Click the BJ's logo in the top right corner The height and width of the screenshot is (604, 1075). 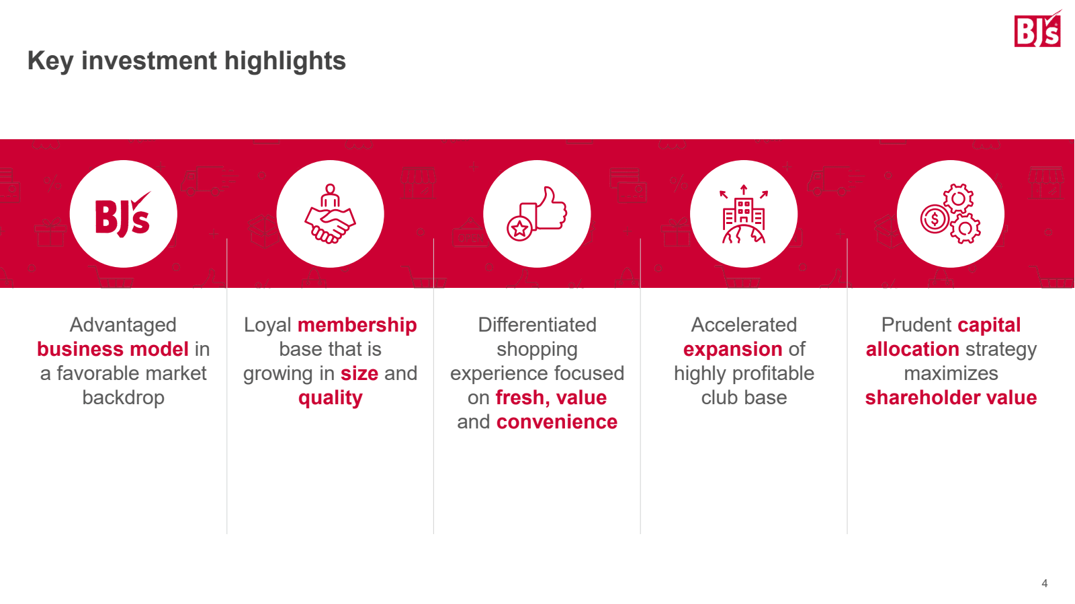(x=1037, y=30)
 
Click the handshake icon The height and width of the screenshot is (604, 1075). (x=330, y=214)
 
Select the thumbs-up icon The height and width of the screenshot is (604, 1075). (x=537, y=214)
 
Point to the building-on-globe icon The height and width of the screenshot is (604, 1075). (x=744, y=214)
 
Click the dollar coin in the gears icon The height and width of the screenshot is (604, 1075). (x=935, y=219)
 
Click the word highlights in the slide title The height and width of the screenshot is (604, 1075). (x=285, y=61)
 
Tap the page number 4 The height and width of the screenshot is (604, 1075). (x=1044, y=583)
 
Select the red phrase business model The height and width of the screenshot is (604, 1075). (x=113, y=349)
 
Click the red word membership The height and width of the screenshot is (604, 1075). (x=357, y=326)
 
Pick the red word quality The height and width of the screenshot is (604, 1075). (x=330, y=398)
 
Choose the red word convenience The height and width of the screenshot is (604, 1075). (x=557, y=422)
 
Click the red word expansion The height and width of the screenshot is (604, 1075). (x=733, y=350)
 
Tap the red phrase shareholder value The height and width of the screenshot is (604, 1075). (x=951, y=398)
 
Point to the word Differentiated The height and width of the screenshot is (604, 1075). (x=537, y=325)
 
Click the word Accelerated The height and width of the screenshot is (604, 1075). (x=744, y=325)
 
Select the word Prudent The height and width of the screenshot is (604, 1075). (x=916, y=325)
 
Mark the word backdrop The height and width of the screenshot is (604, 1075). (x=124, y=398)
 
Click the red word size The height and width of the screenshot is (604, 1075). (x=359, y=373)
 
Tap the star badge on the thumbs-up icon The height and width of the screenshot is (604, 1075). (x=519, y=228)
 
